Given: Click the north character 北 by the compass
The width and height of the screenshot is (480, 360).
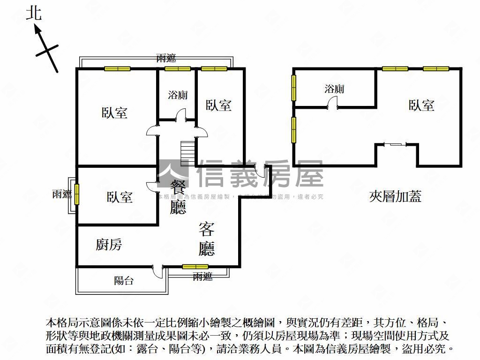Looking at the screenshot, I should click(x=34, y=13).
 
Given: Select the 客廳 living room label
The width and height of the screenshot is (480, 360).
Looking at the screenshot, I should click(x=207, y=239).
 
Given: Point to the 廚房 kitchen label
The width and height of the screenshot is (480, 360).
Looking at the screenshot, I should click(x=109, y=244).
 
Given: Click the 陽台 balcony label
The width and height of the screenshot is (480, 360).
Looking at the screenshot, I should click(x=124, y=281).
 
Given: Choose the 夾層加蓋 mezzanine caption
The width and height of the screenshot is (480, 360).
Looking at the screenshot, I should click(x=395, y=196).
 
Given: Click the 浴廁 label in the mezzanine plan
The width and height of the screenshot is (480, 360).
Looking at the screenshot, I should click(x=335, y=89).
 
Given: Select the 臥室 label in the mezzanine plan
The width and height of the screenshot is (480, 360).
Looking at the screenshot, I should click(x=421, y=105).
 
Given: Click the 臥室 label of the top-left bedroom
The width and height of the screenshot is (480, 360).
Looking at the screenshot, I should click(x=115, y=113).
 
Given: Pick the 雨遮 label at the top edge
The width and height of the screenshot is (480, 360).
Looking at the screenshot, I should click(x=166, y=59).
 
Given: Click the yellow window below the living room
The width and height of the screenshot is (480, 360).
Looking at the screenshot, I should click(x=195, y=267).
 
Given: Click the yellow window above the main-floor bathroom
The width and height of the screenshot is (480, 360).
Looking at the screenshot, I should click(x=178, y=69).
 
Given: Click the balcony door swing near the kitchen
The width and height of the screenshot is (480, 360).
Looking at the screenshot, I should click(x=157, y=270).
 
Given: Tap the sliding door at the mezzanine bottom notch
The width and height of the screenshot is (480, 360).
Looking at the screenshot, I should click(x=394, y=144).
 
